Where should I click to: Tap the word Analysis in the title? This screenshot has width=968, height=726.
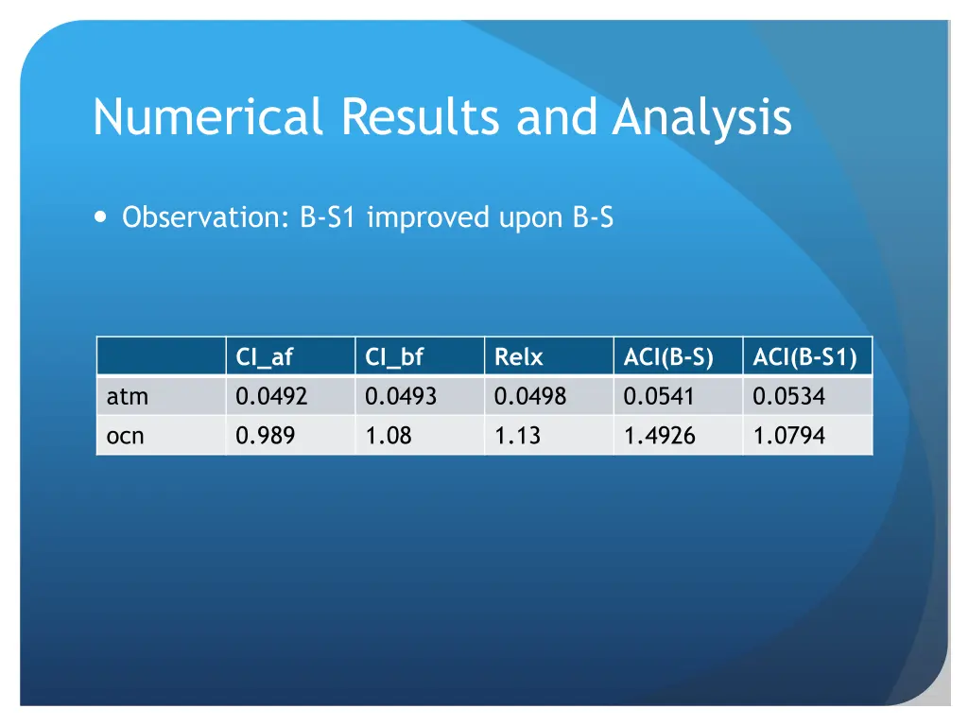click(701, 118)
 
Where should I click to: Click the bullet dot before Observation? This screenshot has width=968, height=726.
click(101, 217)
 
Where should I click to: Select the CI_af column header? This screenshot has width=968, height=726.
click(265, 357)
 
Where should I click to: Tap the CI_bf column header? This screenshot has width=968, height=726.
click(394, 357)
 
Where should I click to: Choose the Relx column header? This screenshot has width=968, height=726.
click(518, 357)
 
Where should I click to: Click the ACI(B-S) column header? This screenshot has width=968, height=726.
click(667, 357)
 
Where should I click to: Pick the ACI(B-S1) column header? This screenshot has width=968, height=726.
click(804, 357)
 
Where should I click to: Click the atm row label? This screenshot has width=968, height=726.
click(128, 397)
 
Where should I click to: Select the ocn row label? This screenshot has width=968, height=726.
click(127, 436)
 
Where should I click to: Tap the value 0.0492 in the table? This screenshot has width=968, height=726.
click(271, 397)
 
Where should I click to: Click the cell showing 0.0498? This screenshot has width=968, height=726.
click(529, 397)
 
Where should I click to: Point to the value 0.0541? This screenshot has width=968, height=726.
click(659, 397)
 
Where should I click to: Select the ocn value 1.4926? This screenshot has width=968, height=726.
click(660, 436)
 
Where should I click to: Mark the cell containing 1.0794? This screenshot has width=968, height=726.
click(788, 436)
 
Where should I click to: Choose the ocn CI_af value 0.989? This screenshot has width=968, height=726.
click(265, 436)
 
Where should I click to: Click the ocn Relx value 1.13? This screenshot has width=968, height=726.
click(516, 436)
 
